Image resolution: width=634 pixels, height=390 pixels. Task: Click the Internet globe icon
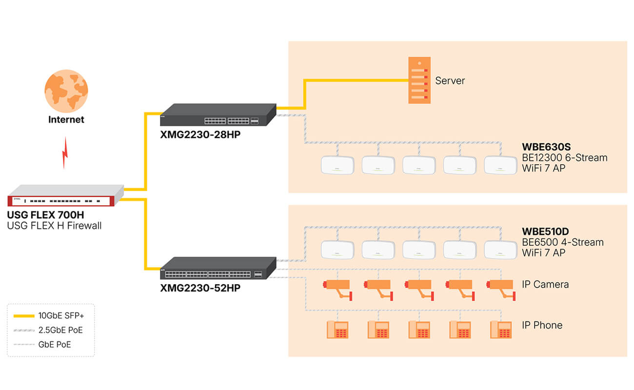[x=66, y=91]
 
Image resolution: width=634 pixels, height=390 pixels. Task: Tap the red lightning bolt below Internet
[x=65, y=152]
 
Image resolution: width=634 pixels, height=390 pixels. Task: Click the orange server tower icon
[x=419, y=80]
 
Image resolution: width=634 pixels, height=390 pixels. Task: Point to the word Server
[x=450, y=81]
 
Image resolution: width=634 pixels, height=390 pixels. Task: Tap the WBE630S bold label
[x=546, y=147]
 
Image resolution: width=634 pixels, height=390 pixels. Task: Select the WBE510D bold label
[x=546, y=231]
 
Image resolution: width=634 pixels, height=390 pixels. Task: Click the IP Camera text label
[x=545, y=284]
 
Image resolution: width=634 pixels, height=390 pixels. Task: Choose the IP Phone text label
[x=542, y=325]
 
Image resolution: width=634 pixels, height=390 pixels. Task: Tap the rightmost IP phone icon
[x=500, y=330]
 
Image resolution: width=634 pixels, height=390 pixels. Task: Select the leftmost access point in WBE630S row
[x=337, y=165]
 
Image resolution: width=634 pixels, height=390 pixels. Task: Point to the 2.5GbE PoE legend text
[x=60, y=330]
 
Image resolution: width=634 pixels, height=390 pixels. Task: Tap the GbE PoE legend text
[x=55, y=345]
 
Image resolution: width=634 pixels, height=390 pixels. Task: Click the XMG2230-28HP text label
[x=200, y=134]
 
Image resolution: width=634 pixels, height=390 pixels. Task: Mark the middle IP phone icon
[x=419, y=330]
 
